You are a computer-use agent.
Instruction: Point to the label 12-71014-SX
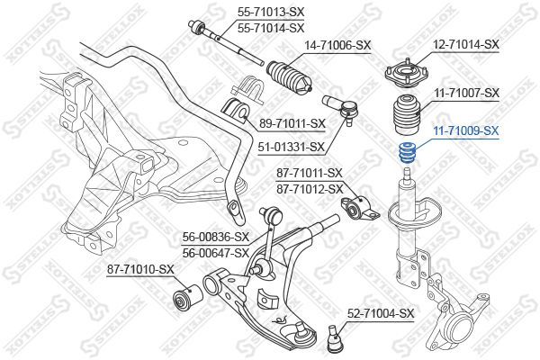coord(465,44)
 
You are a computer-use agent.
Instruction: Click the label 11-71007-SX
coord(467,93)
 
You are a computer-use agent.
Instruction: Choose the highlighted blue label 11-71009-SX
coord(467,130)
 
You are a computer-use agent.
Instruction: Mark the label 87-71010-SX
coord(140,269)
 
